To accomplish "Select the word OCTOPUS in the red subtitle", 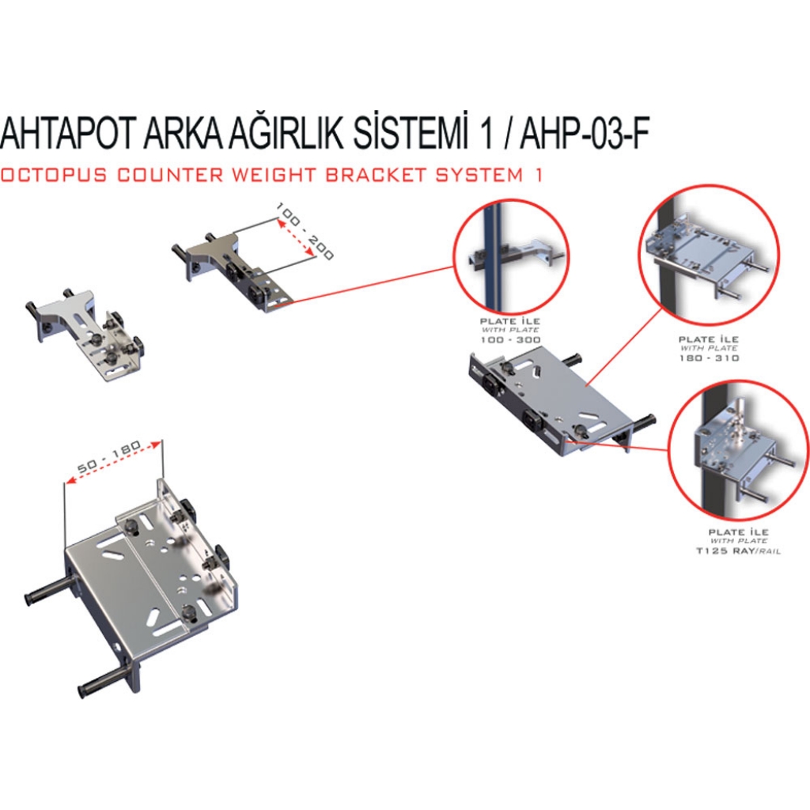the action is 54,175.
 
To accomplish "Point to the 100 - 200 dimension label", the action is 305,231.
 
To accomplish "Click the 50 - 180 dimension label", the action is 109,457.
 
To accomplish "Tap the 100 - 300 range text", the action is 510,340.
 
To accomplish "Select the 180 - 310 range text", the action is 709,358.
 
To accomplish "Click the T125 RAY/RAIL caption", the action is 738,551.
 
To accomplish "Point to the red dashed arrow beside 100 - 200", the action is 296,237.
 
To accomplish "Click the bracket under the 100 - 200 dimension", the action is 232,273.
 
